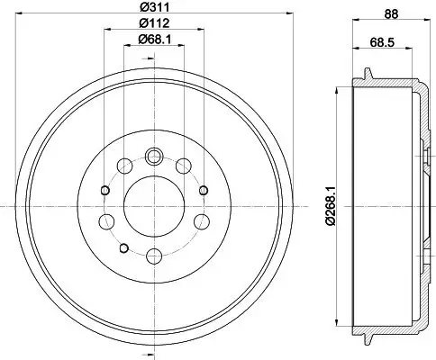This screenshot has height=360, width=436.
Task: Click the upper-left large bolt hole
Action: click(x=124, y=166)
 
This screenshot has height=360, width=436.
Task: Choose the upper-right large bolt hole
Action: click(x=185, y=166)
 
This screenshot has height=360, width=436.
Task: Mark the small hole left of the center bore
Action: click(x=104, y=190)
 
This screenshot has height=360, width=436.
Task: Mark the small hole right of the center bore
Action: click(x=204, y=190)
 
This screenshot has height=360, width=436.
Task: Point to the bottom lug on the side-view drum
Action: click(x=368, y=339)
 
